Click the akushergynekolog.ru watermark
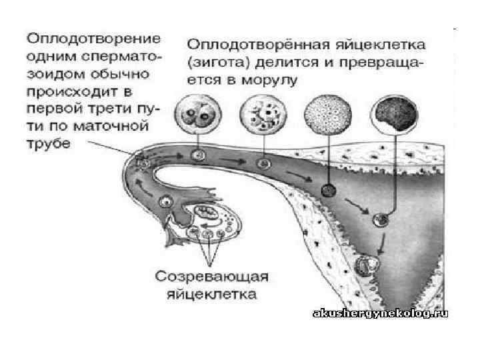(379, 313)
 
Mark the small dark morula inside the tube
(327, 191)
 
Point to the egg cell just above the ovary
(165, 200)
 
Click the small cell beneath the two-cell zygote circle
(197, 155)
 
